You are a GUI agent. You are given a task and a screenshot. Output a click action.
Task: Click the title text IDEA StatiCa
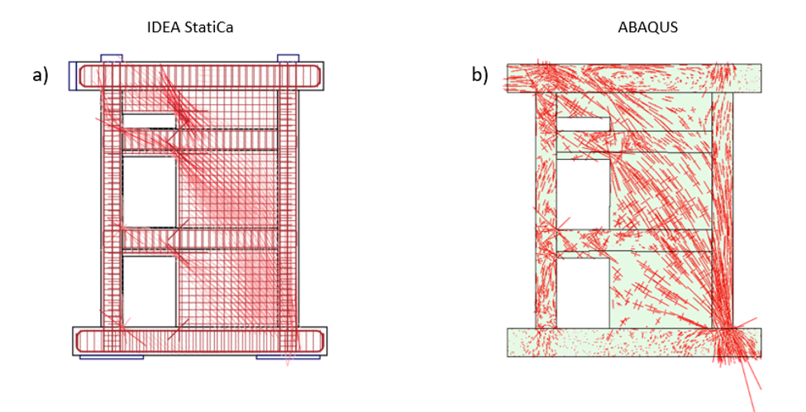tap(196, 27)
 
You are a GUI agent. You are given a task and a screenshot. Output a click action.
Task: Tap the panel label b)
tap(479, 75)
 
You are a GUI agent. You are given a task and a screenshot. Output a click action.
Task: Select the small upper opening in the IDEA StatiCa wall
tap(149, 121)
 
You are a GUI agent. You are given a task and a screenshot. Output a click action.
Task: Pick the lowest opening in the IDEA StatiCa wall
tap(149, 290)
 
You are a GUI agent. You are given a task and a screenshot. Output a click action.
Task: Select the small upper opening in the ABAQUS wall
tap(583, 124)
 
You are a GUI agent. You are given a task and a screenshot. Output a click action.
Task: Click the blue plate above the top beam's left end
tap(112, 58)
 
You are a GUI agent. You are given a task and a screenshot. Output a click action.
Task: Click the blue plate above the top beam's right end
tap(288, 58)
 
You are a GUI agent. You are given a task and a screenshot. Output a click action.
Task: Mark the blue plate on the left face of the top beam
tap(73, 75)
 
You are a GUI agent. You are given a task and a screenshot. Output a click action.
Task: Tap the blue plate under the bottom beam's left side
tap(112, 357)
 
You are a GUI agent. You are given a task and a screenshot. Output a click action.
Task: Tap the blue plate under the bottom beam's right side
tap(288, 357)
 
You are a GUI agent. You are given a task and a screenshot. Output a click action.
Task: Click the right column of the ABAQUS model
tap(723, 207)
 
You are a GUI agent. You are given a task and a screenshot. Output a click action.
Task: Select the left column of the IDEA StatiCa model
tap(112, 207)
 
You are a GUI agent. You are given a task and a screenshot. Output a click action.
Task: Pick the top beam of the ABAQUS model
tap(633, 78)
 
